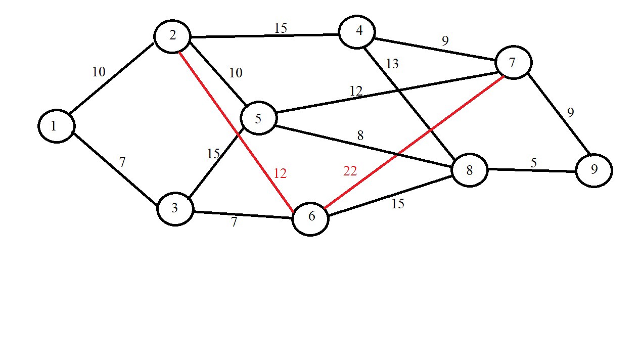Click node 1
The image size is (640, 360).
point(56,126)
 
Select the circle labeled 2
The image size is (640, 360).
point(172,36)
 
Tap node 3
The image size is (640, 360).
point(175,208)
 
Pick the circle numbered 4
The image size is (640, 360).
point(357,32)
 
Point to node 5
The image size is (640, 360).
point(259,118)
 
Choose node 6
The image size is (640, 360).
point(310,218)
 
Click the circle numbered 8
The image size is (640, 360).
point(469,170)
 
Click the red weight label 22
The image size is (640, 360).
point(350,171)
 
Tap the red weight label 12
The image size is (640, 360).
point(280,174)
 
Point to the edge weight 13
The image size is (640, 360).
point(392,64)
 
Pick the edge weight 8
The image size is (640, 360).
point(360,136)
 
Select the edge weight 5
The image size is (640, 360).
point(533,163)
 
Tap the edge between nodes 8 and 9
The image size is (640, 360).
point(531,170)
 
